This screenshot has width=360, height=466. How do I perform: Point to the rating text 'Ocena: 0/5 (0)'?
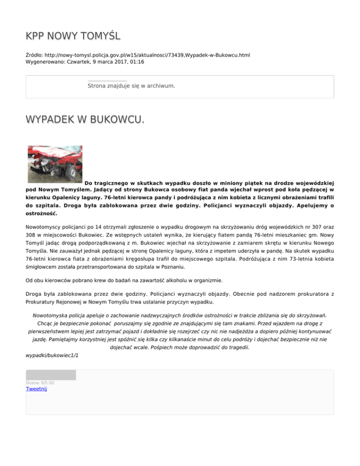click(x=40, y=383)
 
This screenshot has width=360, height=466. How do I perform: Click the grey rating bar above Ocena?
click(x=51, y=375)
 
